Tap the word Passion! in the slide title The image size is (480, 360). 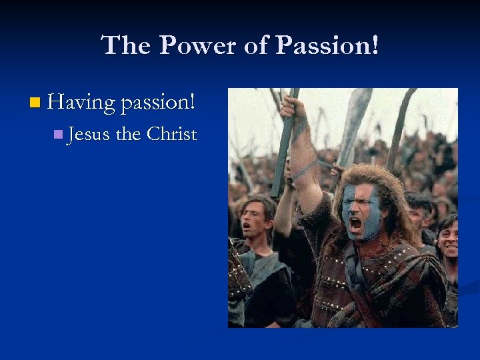[327, 46]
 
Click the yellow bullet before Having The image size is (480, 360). [35, 103]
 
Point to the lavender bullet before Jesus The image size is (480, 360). [58, 135]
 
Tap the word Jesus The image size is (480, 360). [89, 134]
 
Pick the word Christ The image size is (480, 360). [172, 134]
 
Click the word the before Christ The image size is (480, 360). [128, 134]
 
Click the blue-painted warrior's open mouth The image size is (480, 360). [355, 223]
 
